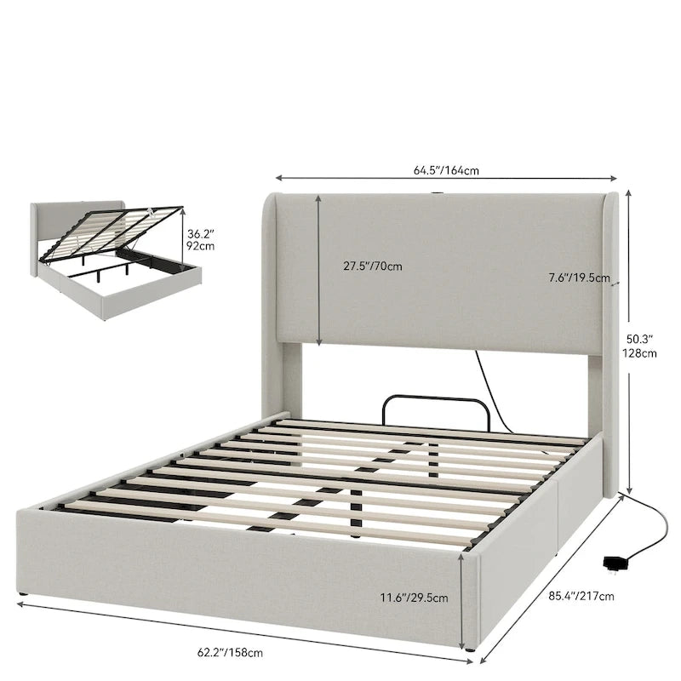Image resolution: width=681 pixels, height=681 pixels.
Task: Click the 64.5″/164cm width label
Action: coord(446,170)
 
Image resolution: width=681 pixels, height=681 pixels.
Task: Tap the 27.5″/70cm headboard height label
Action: coord(373,266)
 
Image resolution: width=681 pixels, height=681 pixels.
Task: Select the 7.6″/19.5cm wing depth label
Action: coord(579,278)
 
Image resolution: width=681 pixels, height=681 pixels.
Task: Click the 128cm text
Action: coord(639,353)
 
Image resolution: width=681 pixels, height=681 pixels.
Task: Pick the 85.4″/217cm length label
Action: coord(581,597)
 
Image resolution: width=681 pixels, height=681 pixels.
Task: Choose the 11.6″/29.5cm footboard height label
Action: coord(415,598)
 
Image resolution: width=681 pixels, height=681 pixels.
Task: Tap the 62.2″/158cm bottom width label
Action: coord(230,652)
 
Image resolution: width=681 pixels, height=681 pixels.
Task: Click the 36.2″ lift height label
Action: coord(201,235)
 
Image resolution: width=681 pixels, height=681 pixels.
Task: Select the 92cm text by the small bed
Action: coord(201,246)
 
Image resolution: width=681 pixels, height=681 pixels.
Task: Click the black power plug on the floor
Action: coord(613,563)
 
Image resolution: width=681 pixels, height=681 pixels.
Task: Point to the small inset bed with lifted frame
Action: coord(117,260)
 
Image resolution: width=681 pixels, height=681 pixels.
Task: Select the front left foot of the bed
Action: coord(23,593)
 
